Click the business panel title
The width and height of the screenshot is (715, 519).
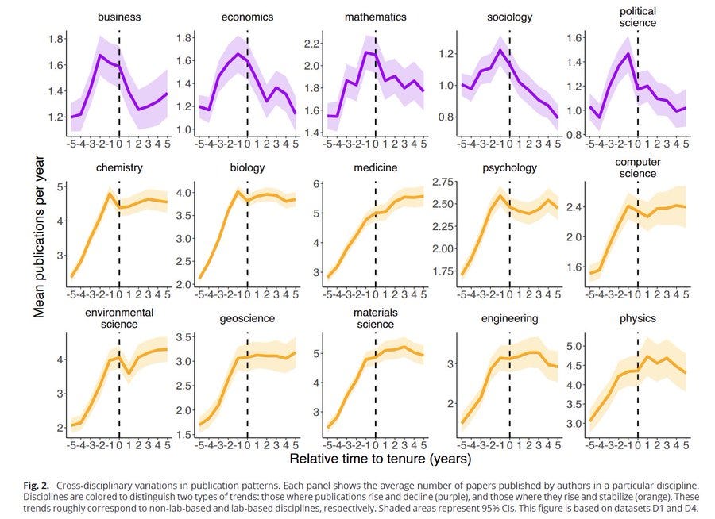(x=119, y=17)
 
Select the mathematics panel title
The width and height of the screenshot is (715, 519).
(x=376, y=17)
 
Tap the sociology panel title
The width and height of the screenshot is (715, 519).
(x=509, y=17)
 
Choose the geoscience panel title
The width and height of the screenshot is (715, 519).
(x=247, y=318)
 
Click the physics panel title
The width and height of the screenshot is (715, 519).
(x=637, y=318)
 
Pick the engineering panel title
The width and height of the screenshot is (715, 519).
(x=509, y=318)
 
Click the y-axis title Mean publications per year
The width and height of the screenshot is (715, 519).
(x=38, y=236)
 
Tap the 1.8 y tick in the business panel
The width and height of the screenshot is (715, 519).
(x=56, y=39)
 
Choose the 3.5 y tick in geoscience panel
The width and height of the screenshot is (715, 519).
(x=184, y=338)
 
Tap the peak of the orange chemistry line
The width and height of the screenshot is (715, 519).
(x=110, y=194)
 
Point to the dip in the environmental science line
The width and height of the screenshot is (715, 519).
(x=127, y=373)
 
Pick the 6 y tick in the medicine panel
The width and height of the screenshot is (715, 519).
(x=315, y=184)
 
